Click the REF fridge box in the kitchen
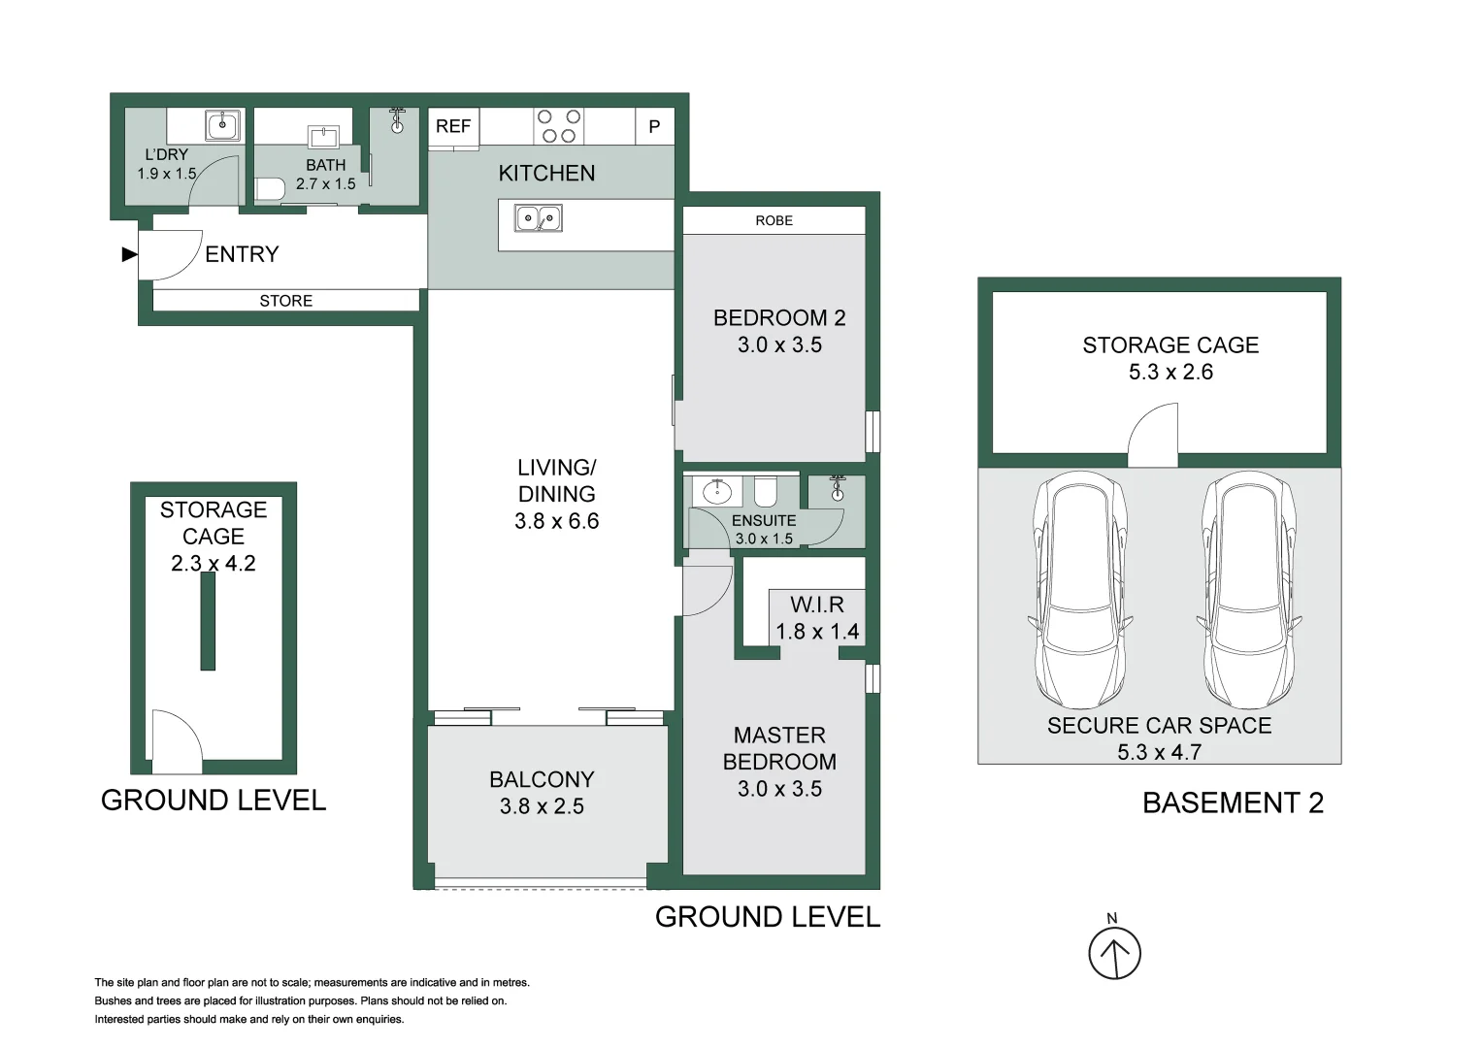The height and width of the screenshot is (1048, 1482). click(453, 127)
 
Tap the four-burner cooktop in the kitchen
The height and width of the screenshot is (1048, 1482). click(559, 126)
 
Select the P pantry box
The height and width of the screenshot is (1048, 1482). click(654, 127)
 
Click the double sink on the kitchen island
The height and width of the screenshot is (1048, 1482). click(538, 218)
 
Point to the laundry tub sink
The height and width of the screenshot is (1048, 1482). click(222, 125)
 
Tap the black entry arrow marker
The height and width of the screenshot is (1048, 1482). click(129, 254)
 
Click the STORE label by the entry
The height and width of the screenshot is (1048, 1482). click(285, 301)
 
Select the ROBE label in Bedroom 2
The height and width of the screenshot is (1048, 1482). click(774, 220)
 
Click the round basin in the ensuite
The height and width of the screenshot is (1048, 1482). click(716, 491)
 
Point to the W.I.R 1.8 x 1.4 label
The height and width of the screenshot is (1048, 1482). click(817, 618)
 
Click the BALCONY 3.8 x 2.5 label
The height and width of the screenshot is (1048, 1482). click(542, 793)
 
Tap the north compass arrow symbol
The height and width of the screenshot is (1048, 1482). click(1114, 953)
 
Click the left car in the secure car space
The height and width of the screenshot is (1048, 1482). click(1079, 590)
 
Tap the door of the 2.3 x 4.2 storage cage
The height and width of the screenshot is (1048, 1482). click(176, 739)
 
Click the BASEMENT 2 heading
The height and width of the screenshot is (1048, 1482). click(1233, 803)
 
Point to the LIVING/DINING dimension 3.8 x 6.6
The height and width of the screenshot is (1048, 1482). click(556, 521)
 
